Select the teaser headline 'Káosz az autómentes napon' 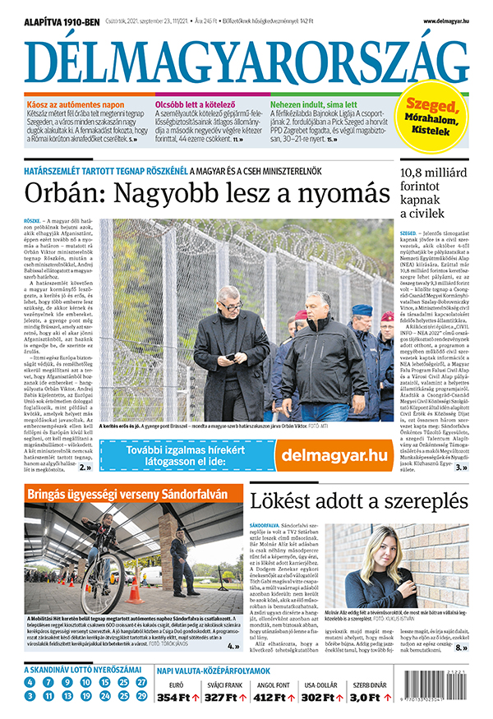click(76, 106)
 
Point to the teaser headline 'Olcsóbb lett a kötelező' click(200, 106)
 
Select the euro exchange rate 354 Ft click(173, 698)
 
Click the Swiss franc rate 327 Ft click(220, 698)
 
